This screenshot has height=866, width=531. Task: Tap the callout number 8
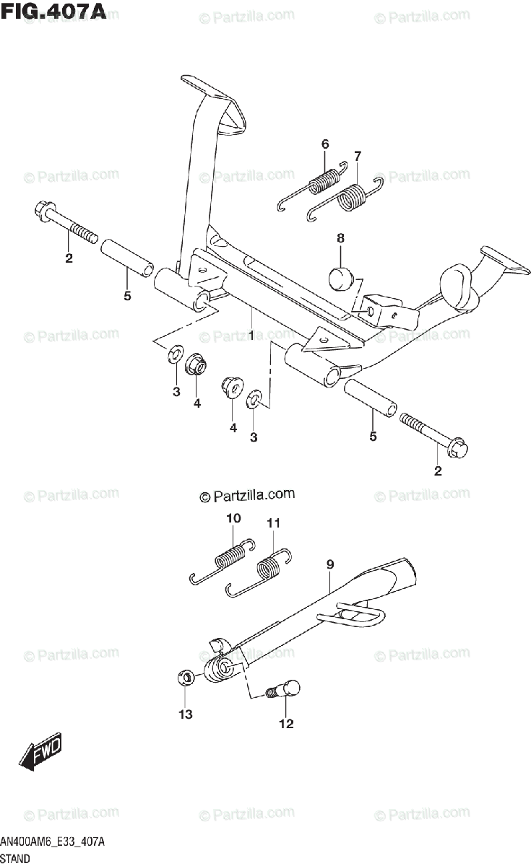pos(340,238)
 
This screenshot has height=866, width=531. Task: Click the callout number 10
pos(233,518)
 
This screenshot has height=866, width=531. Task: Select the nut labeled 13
pos(186,678)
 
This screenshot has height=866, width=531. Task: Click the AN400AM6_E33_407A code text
pos(53,842)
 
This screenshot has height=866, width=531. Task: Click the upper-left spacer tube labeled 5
pos(126,257)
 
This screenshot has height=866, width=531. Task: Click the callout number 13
pos(186,714)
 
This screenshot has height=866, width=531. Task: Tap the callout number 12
pos(286,724)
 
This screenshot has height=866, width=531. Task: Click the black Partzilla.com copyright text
pos(248,495)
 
